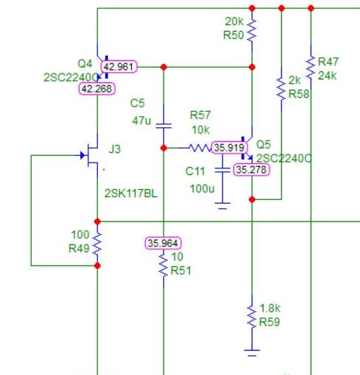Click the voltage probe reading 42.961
[x=119, y=67]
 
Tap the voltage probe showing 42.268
[x=96, y=89]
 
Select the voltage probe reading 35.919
[x=230, y=148]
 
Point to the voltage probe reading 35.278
[x=251, y=170]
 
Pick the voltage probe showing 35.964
[x=163, y=243]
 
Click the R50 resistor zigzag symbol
[x=252, y=29]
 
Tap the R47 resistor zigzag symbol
[x=311, y=67]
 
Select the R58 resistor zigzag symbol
[x=281, y=89]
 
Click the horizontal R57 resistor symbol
[x=200, y=148]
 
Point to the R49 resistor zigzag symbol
[x=97, y=243]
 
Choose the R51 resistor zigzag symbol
[x=163, y=265]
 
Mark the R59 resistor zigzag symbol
[x=252, y=317]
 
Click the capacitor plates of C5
[x=163, y=126]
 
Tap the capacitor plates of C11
[x=222, y=170]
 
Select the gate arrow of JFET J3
[x=82, y=155]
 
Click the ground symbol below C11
[x=222, y=206]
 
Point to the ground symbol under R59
[x=252, y=353]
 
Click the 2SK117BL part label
[x=131, y=193]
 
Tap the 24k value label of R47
[x=327, y=76]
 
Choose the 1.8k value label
[x=269, y=308]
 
